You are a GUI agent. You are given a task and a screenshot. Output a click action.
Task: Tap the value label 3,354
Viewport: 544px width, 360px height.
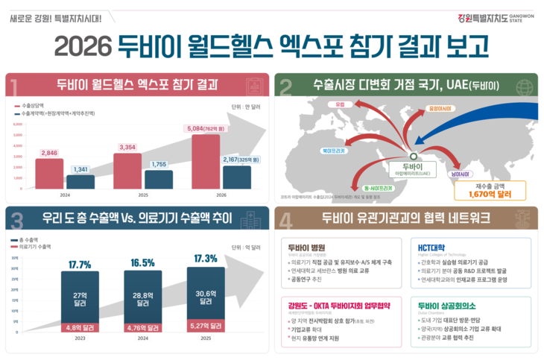128,147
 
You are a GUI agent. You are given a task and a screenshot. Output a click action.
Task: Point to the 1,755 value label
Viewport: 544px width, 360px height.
159,164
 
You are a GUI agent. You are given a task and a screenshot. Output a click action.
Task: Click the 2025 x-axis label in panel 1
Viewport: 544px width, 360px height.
143,195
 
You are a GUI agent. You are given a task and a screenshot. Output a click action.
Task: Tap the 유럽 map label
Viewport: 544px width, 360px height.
341,104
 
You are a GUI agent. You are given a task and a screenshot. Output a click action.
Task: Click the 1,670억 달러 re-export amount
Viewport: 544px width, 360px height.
490,194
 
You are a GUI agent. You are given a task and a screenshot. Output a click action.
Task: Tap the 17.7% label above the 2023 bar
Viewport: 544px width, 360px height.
80,264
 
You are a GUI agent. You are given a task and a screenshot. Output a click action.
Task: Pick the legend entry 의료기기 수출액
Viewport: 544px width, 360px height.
37,245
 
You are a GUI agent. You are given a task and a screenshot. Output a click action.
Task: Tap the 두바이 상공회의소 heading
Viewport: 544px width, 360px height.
447,305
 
